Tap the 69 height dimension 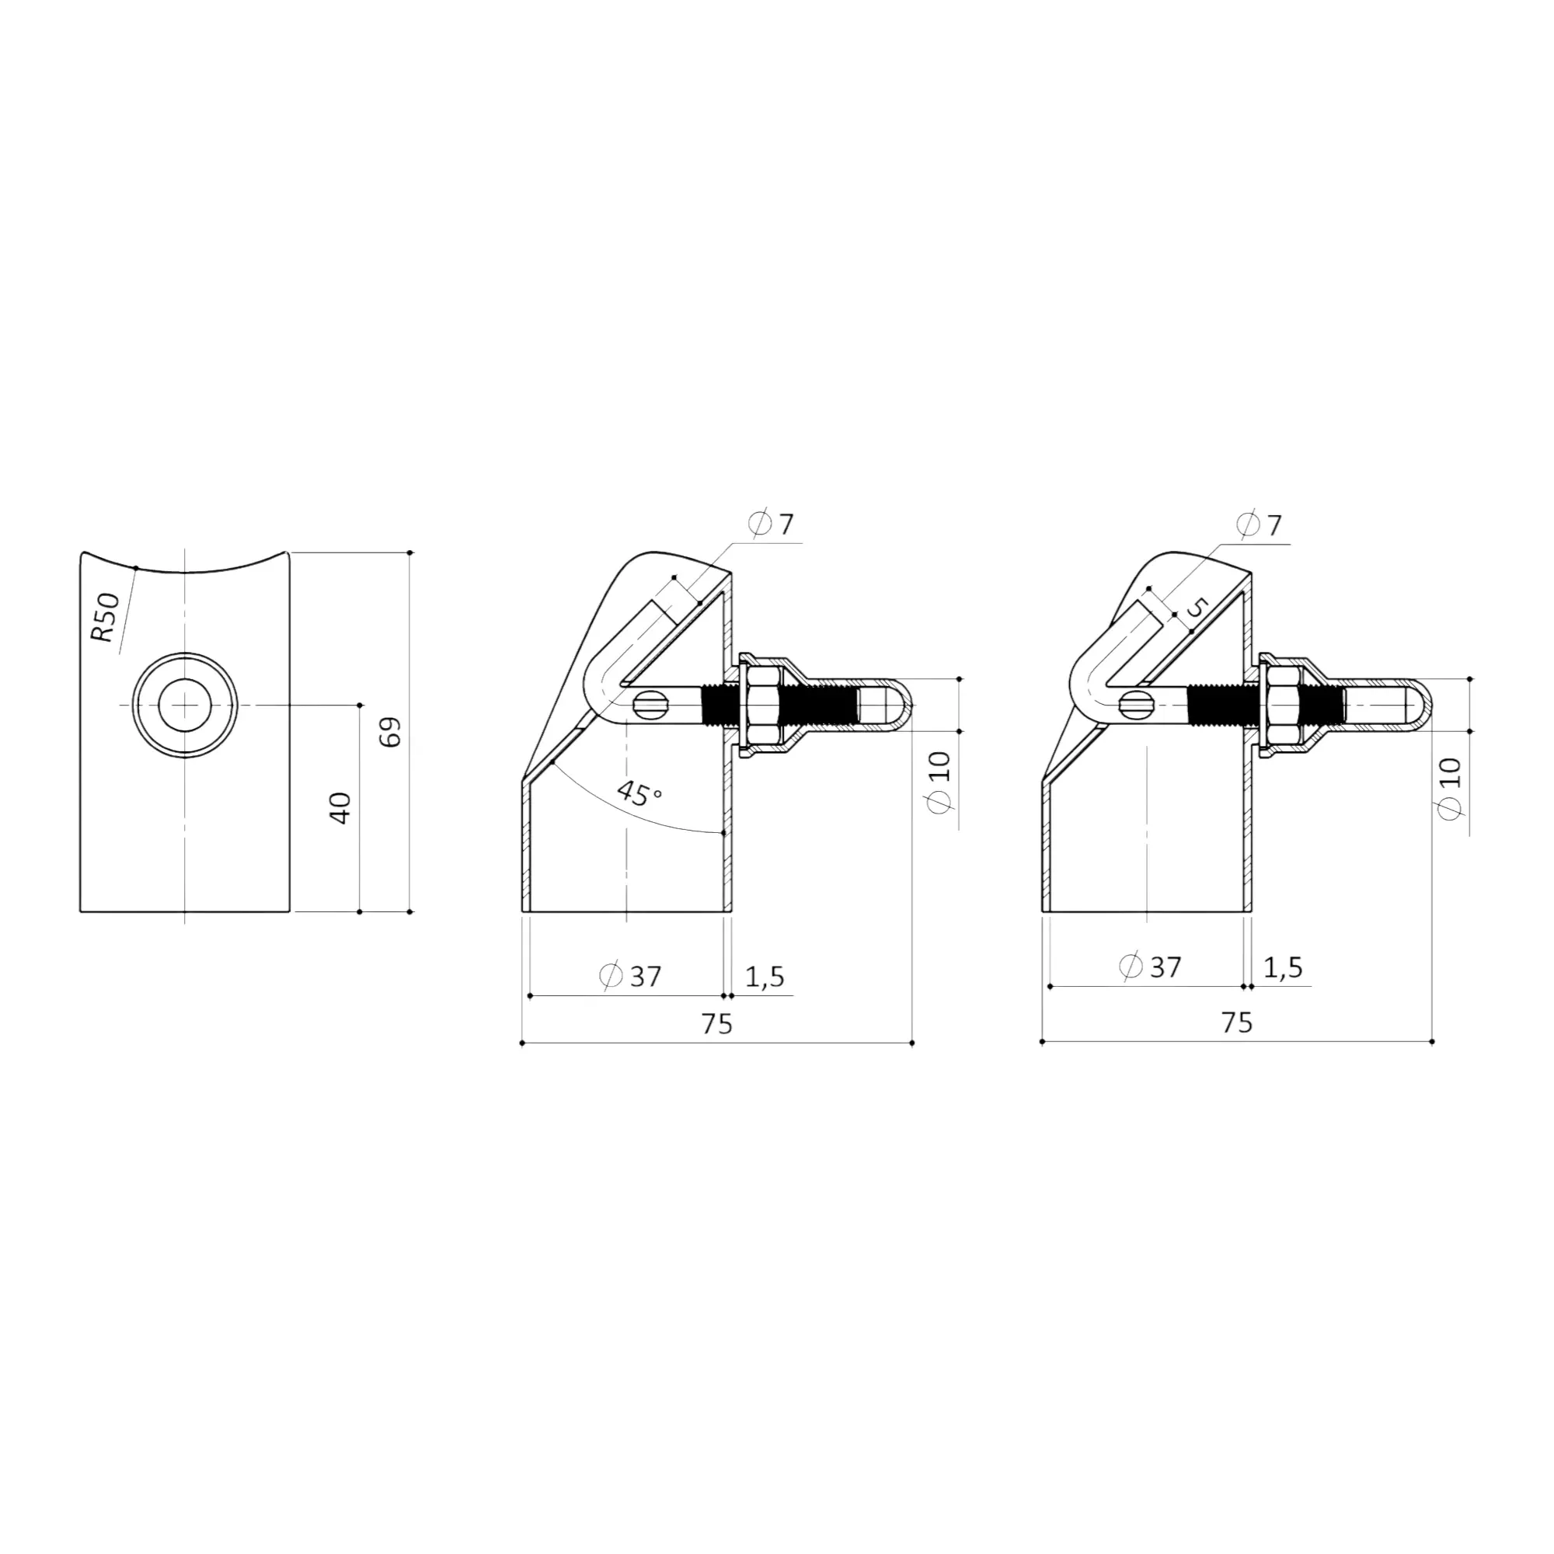coord(391,732)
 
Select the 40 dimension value coord(340,807)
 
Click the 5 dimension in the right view coord(1197,608)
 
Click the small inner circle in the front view coord(185,705)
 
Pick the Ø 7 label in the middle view coord(772,524)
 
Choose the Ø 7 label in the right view coord(1259,525)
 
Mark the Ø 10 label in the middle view coord(939,781)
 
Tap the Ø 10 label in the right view coord(1449,788)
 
